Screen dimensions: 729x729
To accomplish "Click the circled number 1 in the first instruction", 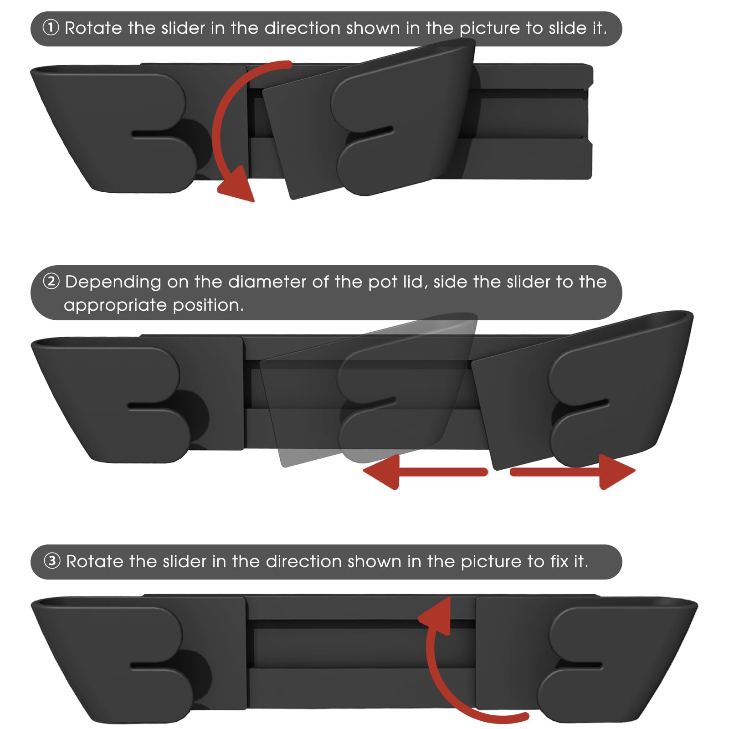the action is (51, 28).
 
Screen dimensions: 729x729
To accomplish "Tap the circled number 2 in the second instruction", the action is (51, 281).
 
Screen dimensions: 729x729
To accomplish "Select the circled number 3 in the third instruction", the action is (52, 561).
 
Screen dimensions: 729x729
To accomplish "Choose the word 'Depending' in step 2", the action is (113, 282).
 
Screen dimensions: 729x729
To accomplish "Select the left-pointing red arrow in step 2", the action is (425, 472).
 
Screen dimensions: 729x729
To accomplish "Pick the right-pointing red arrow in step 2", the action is (573, 472).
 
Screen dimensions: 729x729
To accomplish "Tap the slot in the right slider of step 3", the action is (583, 666).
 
